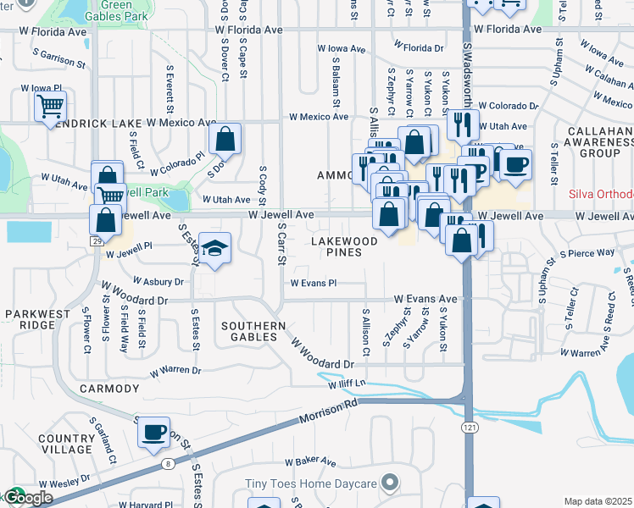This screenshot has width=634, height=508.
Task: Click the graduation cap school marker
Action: pyautogui.click(x=215, y=247)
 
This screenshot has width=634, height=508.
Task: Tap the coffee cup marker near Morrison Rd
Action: pyautogui.click(x=154, y=433)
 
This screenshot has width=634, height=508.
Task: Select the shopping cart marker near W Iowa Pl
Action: pyautogui.click(x=50, y=107)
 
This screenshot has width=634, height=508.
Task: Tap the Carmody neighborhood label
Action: pyautogui.click(x=108, y=389)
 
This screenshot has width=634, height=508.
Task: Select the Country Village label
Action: pyautogui.click(x=64, y=444)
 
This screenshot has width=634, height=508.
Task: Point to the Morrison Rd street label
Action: pyautogui.click(x=328, y=415)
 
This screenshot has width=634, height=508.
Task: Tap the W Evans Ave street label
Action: pyautogui.click(x=425, y=300)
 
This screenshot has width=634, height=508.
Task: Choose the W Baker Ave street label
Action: pyautogui.click(x=311, y=461)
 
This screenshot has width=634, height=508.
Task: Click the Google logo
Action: pyautogui.click(x=27, y=498)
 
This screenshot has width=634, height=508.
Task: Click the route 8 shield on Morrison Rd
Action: pyautogui.click(x=169, y=463)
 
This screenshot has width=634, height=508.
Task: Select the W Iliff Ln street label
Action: pyautogui.click(x=347, y=384)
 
